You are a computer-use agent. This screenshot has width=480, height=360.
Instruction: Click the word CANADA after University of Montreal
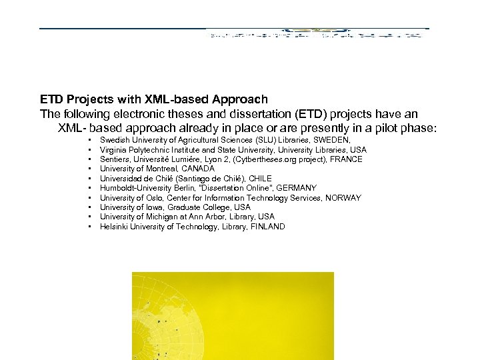tap(198, 169)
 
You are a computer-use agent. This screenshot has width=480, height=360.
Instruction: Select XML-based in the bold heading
tap(167, 100)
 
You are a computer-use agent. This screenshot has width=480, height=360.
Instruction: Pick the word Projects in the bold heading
tap(88, 100)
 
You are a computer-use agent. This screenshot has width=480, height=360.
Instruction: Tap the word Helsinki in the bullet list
tap(114, 227)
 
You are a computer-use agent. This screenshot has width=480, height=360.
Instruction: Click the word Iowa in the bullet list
tap(152, 207)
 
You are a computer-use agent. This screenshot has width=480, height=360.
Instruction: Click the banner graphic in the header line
tap(317, 31)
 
